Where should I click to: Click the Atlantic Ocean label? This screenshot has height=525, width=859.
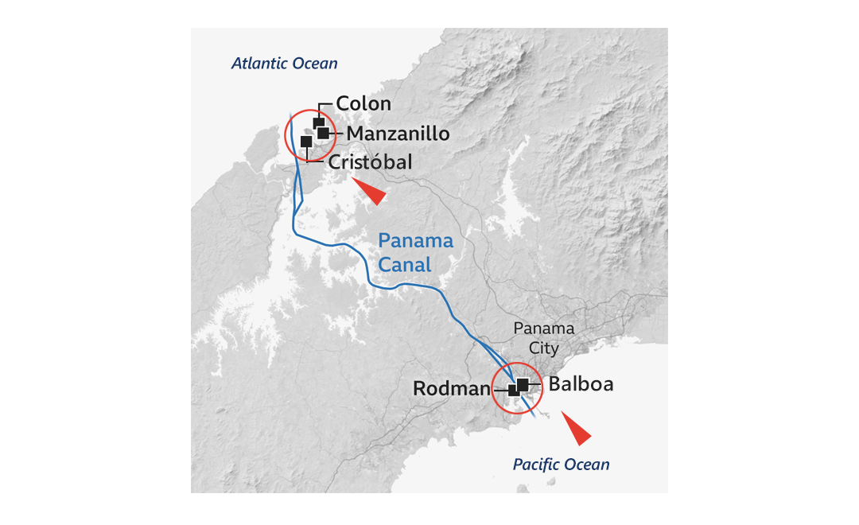(284, 64)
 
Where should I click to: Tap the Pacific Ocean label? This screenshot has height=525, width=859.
(561, 465)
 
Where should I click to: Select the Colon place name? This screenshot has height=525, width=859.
(363, 103)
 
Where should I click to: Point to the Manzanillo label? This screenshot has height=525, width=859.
(398, 133)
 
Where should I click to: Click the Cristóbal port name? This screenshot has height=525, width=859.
(370, 162)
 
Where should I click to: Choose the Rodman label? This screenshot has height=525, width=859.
(449, 389)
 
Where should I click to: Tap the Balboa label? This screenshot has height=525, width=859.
(581, 384)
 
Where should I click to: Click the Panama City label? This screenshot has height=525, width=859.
(543, 337)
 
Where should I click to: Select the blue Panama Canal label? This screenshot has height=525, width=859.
(415, 252)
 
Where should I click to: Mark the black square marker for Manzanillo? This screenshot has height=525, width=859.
(324, 133)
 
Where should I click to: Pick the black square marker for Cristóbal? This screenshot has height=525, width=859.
(306, 142)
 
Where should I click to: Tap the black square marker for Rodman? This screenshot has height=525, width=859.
(514, 391)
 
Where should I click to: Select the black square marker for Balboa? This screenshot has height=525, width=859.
(523, 384)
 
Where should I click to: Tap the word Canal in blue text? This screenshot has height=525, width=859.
(405, 264)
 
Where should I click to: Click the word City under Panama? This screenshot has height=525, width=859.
(544, 348)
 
